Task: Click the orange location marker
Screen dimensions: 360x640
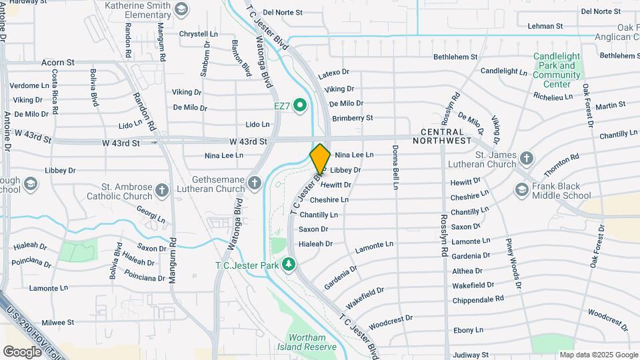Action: [320, 158]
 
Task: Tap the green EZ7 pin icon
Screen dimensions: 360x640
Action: [300, 105]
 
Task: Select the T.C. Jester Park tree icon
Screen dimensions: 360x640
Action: [289, 265]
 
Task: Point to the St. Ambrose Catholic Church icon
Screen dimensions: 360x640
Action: [161, 192]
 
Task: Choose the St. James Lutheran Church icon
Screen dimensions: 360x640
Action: [527, 159]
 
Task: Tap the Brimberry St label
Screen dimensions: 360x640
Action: [352, 117]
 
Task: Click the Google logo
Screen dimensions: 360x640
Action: [22, 351]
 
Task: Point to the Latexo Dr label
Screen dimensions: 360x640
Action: [333, 72]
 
